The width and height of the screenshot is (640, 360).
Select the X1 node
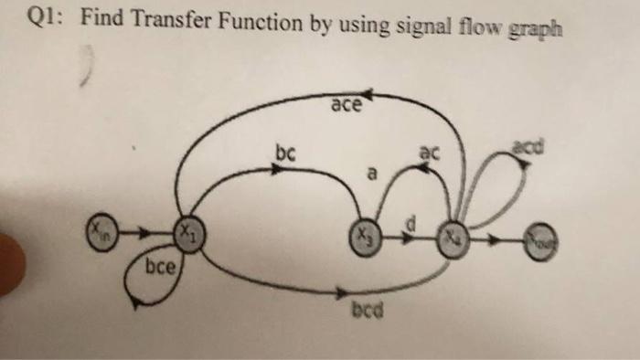[188, 233]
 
